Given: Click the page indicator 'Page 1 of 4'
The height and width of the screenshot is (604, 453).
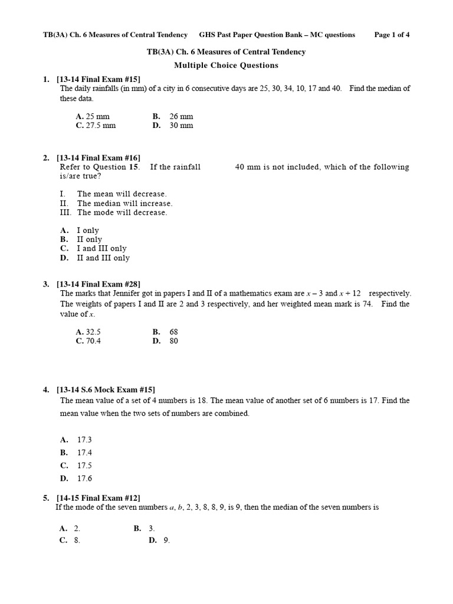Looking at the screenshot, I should click(x=392, y=35).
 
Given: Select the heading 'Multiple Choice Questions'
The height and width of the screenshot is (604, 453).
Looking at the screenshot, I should click(x=226, y=65).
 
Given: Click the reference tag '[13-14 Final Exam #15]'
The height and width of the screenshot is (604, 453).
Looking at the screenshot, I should click(x=99, y=79).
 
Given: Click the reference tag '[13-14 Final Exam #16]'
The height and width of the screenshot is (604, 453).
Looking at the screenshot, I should click(x=99, y=157).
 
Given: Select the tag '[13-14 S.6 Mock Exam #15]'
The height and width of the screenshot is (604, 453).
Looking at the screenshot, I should click(x=106, y=389).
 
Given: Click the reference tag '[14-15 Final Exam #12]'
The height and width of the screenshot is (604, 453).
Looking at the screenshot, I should click(x=99, y=498).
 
